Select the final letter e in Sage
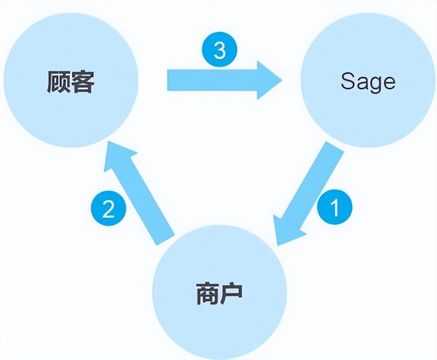click(x=389, y=82)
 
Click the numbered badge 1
click(x=335, y=208)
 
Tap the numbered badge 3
click(x=220, y=51)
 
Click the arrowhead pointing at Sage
click(x=268, y=80)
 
